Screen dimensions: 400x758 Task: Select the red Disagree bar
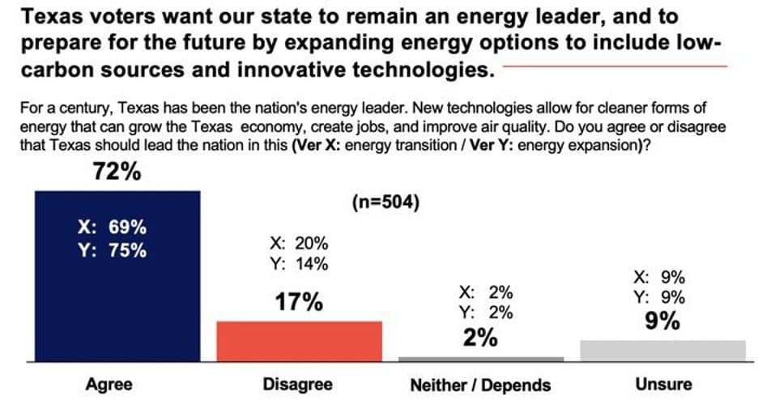pos(298,340)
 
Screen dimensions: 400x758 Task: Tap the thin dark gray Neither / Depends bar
pos(481,358)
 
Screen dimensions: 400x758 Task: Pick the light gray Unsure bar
pos(663,350)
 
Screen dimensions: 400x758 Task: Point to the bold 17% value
pos(298,303)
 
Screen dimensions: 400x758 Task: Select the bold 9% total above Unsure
pos(662,321)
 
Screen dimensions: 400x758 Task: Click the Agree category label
pos(109,384)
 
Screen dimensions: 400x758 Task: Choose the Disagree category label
pos(297,384)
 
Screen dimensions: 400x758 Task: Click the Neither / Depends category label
pos(480,385)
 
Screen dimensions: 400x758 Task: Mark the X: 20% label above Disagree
pos(298,242)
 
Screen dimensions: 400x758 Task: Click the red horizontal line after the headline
pos(615,66)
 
